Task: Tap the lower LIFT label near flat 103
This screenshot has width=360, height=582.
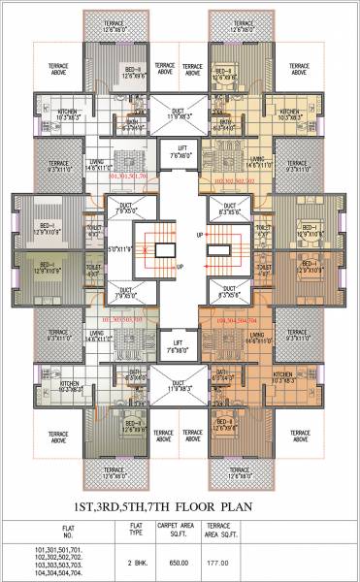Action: coord(180,344)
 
